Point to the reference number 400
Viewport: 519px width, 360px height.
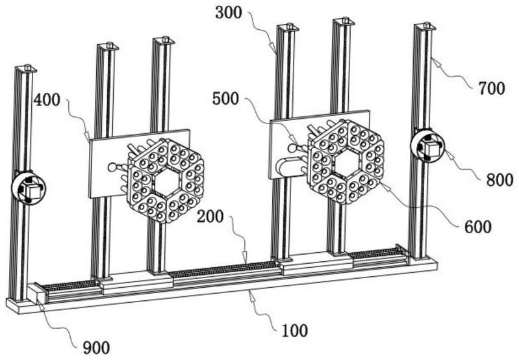click(x=47, y=100)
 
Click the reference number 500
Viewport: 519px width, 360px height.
click(x=225, y=99)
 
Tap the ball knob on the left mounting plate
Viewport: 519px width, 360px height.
click(x=112, y=167)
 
